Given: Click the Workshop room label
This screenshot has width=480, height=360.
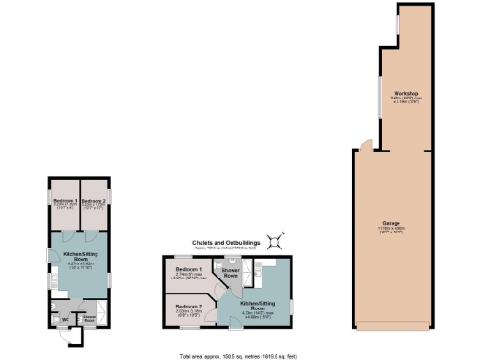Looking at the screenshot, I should click(x=405, y=95).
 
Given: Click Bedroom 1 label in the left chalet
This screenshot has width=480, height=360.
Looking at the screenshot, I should click(x=65, y=202).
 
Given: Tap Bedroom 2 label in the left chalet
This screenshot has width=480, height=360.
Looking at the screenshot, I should click(x=92, y=202).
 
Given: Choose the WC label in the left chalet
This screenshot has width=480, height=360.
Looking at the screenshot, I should click(x=65, y=320).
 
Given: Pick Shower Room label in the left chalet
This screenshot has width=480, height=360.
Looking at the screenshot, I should click(x=91, y=319).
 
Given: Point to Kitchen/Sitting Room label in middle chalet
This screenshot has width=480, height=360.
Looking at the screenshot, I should click(x=258, y=306).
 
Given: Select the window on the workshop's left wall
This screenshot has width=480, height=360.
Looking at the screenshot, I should click(x=380, y=95).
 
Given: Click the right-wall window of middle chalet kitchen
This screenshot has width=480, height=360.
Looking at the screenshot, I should click(x=292, y=305).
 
